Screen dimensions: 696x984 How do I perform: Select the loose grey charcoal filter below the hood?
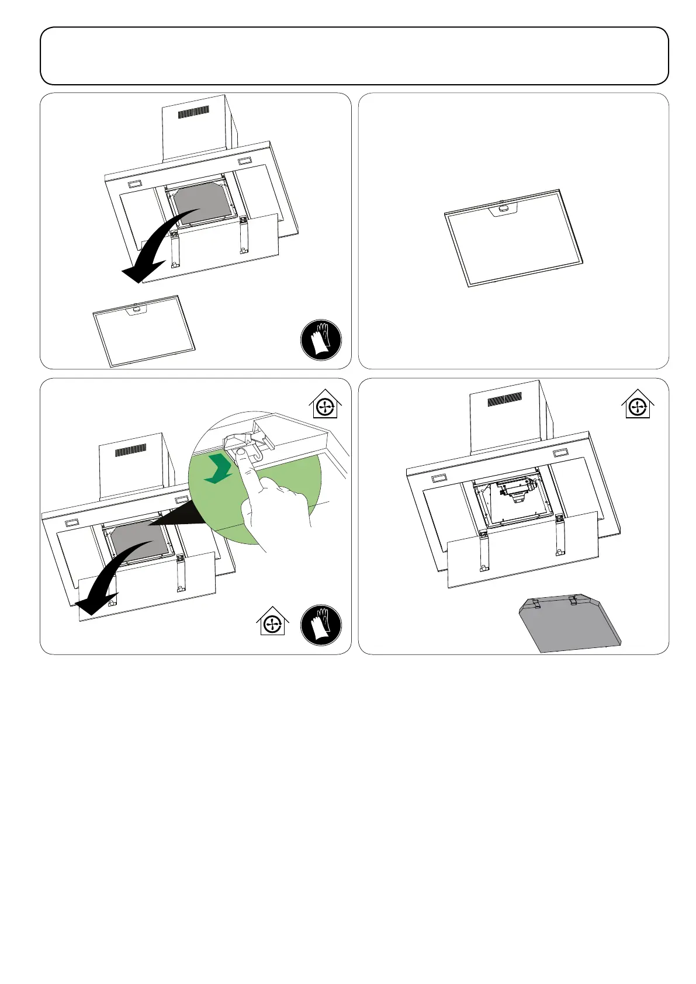(569, 625)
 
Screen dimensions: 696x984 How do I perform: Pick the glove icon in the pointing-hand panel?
(321, 625)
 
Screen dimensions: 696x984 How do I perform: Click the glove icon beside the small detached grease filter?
(321, 339)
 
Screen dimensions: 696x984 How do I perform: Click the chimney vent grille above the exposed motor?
(505, 400)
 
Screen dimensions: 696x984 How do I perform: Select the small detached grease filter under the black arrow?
(144, 330)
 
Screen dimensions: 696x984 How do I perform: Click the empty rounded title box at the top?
(354, 56)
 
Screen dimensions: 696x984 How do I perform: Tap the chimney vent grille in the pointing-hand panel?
(131, 451)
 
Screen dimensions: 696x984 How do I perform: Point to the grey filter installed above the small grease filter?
(201, 199)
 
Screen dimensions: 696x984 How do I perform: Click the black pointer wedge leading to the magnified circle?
(178, 514)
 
